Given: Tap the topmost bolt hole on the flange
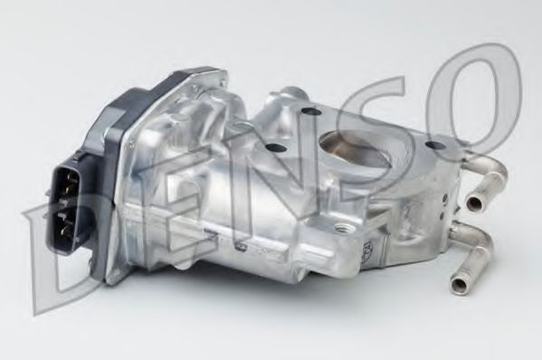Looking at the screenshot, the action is (x=309, y=111).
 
